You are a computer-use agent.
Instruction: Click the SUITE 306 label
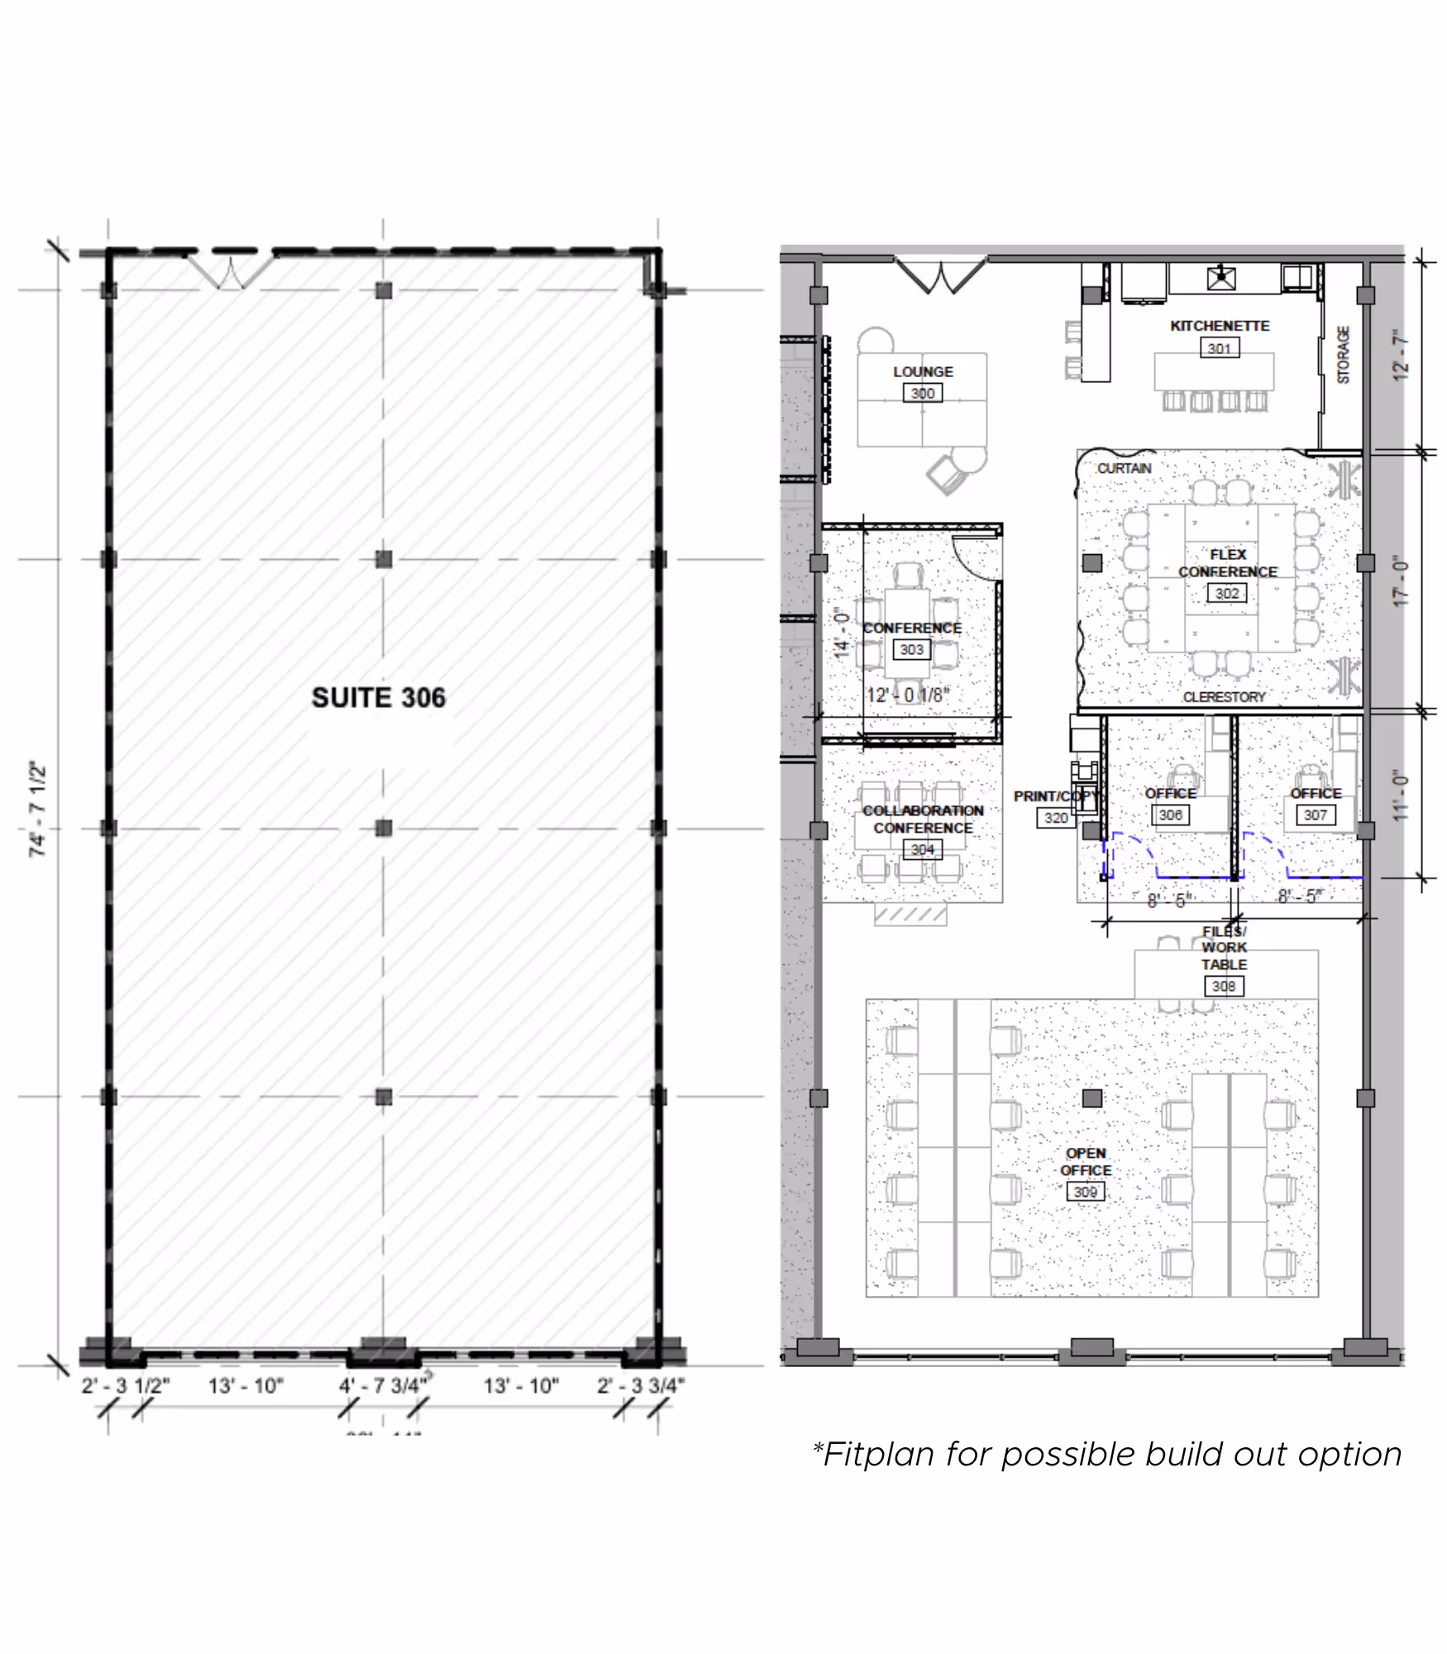(x=378, y=697)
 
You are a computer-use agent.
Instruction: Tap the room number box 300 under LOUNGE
(x=922, y=394)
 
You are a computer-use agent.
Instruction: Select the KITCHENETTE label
(x=1220, y=326)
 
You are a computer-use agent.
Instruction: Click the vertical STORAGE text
(x=1344, y=355)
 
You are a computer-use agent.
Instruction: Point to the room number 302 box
(x=1227, y=593)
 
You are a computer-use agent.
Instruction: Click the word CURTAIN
(x=1124, y=468)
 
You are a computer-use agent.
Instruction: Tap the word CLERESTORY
(x=1224, y=697)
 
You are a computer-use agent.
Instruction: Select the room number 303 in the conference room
(x=911, y=649)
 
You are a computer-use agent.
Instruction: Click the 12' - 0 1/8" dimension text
(x=908, y=695)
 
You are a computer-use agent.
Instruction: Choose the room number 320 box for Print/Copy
(x=1056, y=818)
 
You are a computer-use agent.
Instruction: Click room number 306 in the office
(x=1170, y=815)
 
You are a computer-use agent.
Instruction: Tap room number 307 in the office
(x=1315, y=815)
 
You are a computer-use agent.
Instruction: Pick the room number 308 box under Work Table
(x=1224, y=986)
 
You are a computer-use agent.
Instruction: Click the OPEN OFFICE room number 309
(x=1085, y=1192)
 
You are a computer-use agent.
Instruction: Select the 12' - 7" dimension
(x=1400, y=356)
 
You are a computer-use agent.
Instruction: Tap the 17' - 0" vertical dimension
(x=1400, y=582)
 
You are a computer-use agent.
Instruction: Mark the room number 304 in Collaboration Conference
(x=922, y=849)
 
